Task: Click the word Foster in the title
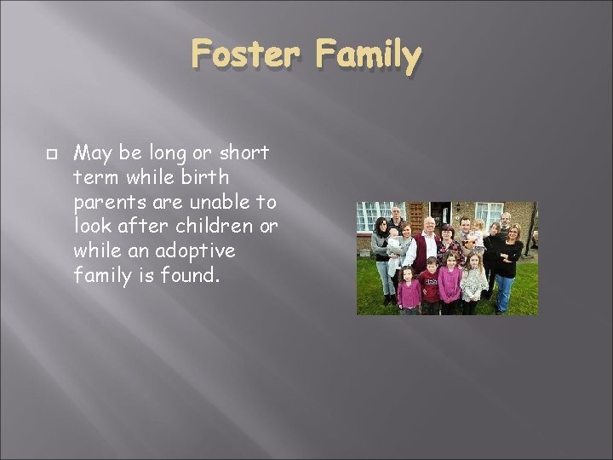pos(245,55)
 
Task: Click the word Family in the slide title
pos(369,57)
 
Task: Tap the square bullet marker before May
pos(51,154)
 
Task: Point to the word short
pos(244,153)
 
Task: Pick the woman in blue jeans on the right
pos(507,264)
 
